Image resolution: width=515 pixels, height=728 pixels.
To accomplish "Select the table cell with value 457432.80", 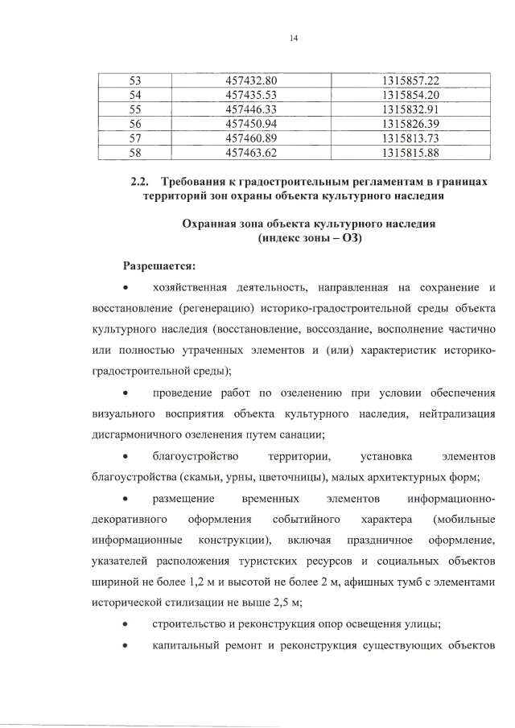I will click(x=252, y=81).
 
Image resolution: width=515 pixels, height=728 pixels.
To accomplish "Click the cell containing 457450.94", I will click(x=252, y=123).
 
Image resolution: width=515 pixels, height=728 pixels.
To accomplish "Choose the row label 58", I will click(x=134, y=151).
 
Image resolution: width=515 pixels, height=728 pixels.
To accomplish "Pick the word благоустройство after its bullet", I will click(x=193, y=455).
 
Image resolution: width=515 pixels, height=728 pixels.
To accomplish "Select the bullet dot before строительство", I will click(x=125, y=623).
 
